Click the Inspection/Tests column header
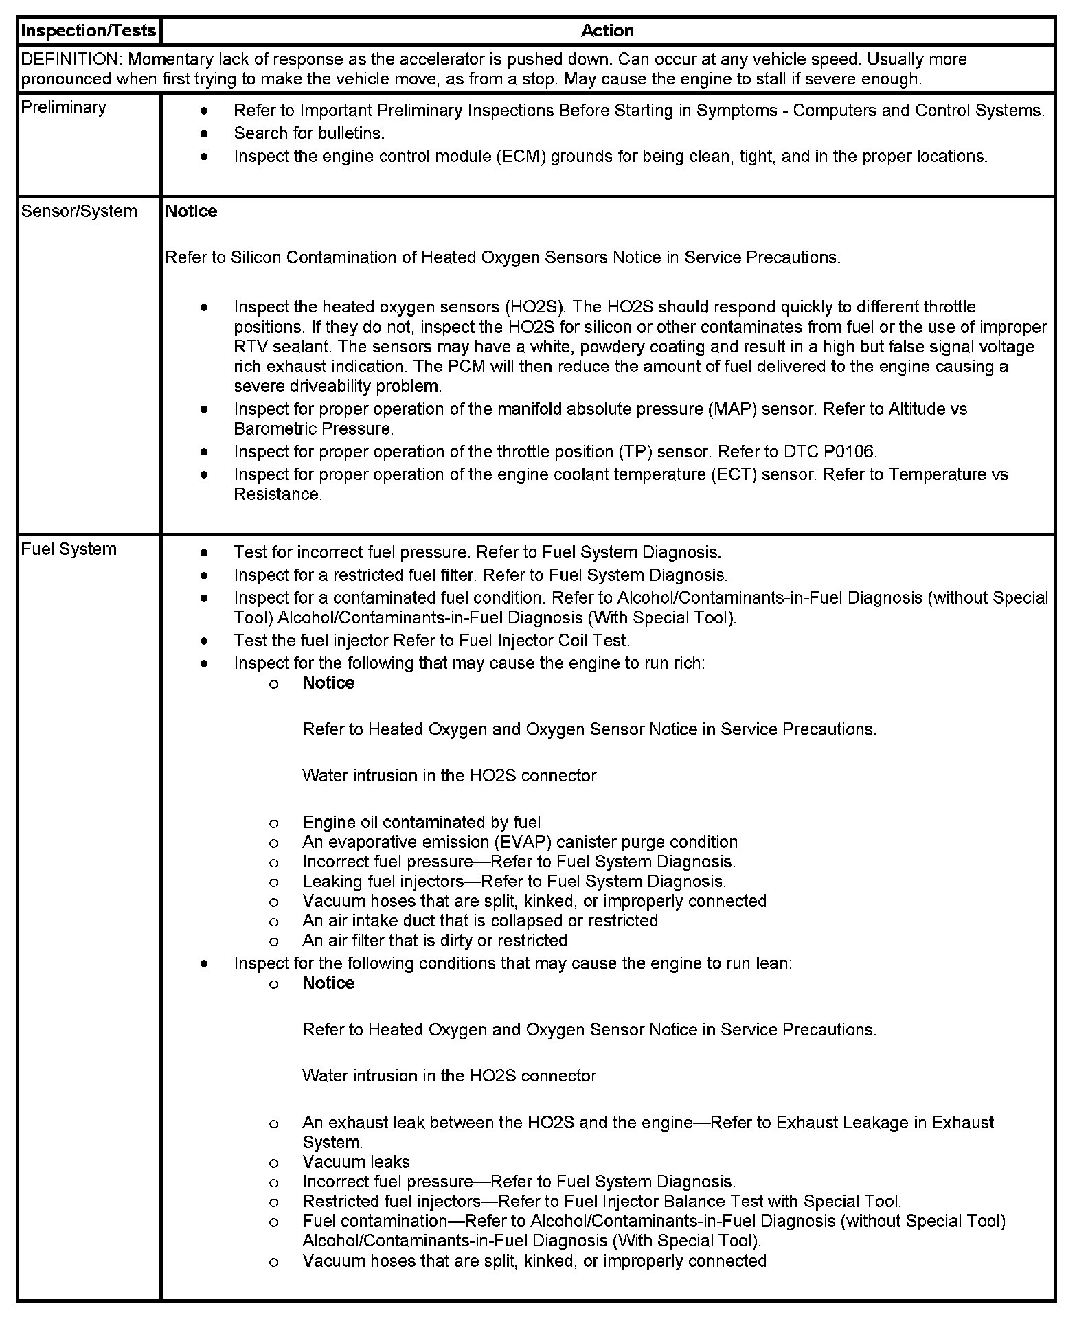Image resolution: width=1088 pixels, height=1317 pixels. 89,31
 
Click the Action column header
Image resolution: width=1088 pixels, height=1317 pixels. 607,31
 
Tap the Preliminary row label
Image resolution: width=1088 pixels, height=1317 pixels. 64,108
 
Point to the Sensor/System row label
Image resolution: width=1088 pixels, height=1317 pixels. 79,211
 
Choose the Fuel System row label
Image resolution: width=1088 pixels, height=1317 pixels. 69,549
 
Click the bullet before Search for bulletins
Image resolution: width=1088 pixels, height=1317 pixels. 204,133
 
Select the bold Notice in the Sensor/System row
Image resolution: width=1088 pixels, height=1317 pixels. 191,211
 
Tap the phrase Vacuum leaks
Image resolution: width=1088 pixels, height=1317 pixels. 356,1163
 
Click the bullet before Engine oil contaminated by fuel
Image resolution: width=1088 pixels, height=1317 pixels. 273,823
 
